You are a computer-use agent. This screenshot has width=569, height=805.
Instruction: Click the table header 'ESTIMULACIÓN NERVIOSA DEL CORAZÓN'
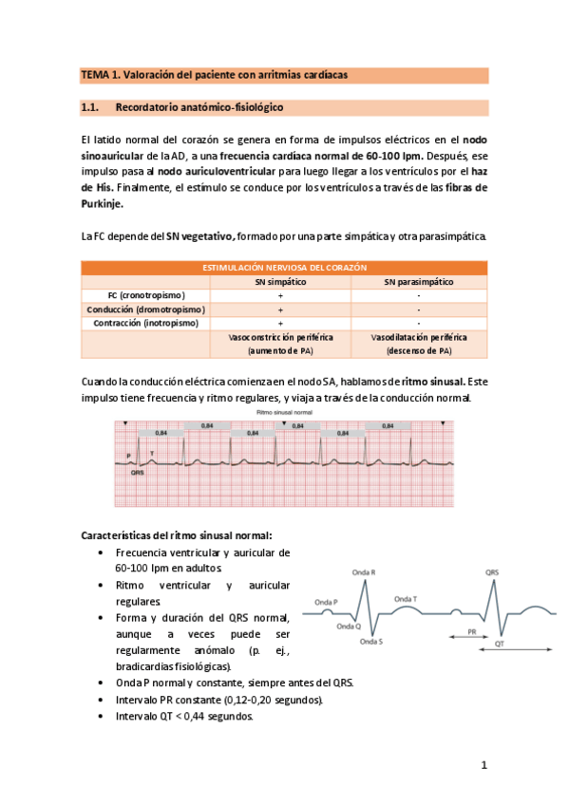(284, 268)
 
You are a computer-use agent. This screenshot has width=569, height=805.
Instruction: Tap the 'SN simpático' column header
(279, 282)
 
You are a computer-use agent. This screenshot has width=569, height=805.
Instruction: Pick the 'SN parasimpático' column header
(418, 282)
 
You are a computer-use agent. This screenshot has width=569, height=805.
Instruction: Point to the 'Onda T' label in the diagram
(407, 599)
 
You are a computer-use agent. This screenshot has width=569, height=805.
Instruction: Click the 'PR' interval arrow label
(471, 630)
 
